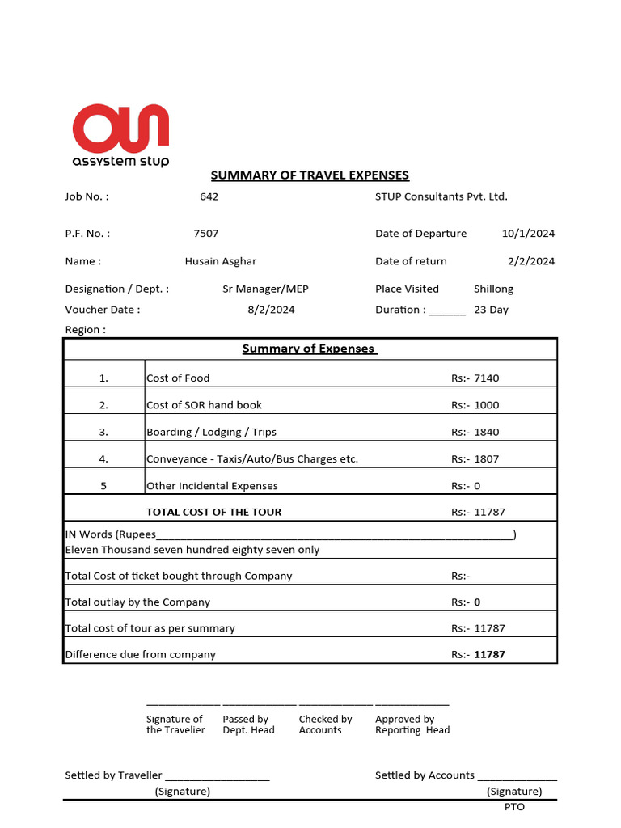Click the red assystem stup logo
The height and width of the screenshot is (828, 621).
(120, 134)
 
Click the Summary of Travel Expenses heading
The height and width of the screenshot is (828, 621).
(310, 175)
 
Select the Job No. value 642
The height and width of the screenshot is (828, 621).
(209, 196)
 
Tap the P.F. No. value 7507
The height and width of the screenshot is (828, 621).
(206, 234)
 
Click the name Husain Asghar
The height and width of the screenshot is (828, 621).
(221, 261)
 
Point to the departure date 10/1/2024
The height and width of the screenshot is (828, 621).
(528, 234)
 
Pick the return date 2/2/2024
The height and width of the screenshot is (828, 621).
(531, 261)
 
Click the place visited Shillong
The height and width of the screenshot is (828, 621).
(493, 289)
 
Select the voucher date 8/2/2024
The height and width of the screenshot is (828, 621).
(271, 310)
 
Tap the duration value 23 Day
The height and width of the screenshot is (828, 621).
(491, 310)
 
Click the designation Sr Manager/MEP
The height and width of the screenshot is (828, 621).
(265, 289)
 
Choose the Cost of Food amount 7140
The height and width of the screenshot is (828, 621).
(487, 378)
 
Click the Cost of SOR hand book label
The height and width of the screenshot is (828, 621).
(204, 405)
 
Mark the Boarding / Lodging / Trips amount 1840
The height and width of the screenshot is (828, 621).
(487, 432)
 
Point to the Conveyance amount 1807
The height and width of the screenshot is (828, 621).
(487, 458)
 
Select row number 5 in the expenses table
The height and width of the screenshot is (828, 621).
(103, 486)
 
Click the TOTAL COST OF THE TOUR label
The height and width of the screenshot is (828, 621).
(213, 512)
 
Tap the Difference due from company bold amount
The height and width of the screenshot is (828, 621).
(489, 654)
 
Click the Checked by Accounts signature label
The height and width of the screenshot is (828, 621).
(325, 724)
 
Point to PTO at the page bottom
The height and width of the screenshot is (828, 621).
(514, 806)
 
